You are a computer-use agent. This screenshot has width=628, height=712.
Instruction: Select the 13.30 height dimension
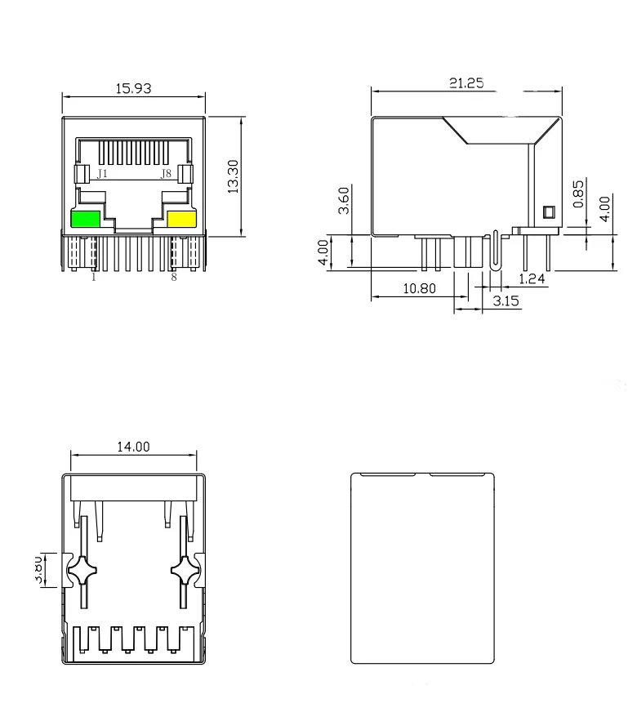click(233, 177)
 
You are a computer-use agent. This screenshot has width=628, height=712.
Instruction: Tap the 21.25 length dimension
click(466, 82)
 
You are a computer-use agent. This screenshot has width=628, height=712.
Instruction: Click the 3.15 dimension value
click(506, 301)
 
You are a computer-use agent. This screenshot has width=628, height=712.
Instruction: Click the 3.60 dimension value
click(345, 200)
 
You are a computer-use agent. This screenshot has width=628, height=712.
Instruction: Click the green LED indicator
click(86, 219)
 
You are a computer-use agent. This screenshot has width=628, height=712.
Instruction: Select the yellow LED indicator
click(181, 219)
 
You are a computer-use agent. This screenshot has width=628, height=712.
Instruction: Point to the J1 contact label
click(102, 174)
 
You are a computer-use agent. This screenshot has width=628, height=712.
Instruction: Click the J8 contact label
click(166, 174)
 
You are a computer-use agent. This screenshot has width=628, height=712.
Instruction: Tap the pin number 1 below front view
click(93, 278)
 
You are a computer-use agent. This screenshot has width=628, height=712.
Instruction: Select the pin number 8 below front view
click(173, 278)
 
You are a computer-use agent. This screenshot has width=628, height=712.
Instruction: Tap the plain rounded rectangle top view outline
click(423, 568)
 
